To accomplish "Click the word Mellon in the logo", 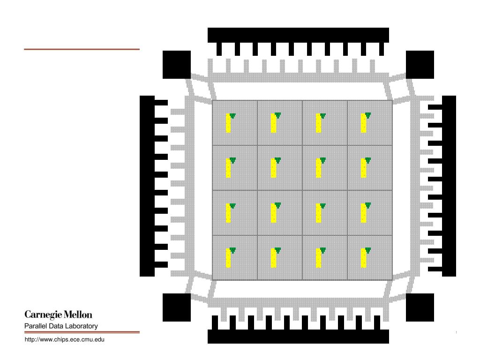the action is [79, 314].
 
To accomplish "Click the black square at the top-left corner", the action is [176, 65].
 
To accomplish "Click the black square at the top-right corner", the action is [420, 65].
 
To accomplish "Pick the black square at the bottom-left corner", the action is [176, 307].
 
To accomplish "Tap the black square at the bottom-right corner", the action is [420, 307].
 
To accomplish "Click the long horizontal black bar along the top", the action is [298, 35].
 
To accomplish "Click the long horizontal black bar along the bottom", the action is [298, 337].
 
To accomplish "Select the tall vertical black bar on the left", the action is [147, 186].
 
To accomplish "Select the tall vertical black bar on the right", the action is [449, 186].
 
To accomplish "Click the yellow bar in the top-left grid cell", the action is [228, 124].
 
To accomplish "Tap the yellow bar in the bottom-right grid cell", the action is [363, 259].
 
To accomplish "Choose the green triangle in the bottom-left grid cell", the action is [232, 250].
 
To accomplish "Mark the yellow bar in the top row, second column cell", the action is [273, 124].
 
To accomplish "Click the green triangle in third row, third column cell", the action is [322, 205].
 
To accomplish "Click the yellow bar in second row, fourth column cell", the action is [363, 169].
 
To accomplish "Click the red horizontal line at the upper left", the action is [82, 49].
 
